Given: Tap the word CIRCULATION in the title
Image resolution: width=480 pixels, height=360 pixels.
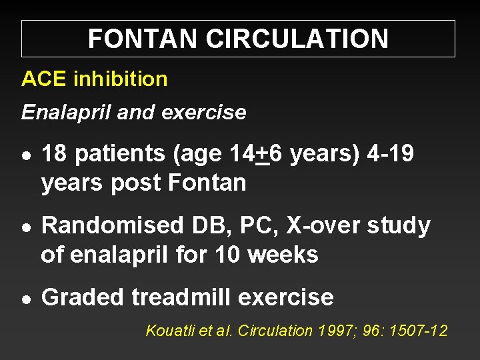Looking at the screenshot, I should [x=297, y=39].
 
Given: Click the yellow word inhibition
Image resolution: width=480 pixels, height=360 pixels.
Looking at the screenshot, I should [x=120, y=79].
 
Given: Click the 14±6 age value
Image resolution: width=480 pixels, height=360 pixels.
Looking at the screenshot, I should [x=252, y=154].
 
